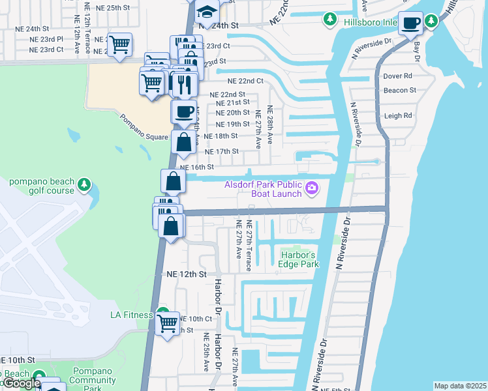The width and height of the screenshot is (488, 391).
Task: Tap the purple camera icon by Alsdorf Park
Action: point(313,188)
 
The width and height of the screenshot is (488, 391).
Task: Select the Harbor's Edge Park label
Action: point(299,259)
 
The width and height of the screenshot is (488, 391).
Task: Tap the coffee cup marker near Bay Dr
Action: point(410,24)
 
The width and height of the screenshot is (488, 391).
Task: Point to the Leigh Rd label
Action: point(399,115)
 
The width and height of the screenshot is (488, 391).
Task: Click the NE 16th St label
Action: point(197,167)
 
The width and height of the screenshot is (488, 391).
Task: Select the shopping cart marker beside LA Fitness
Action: point(168,323)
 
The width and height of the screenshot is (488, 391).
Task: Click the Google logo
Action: point(21,383)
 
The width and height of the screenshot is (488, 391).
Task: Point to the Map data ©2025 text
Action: point(460,386)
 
